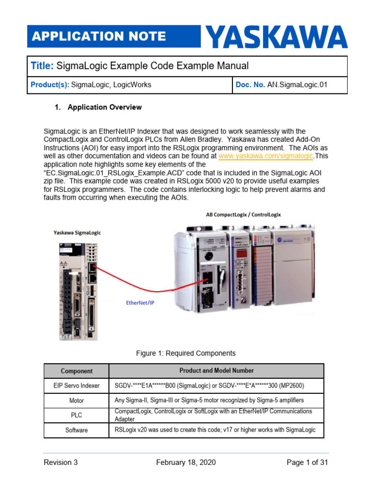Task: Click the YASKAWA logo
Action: (x=277, y=37)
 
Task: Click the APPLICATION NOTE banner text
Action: (x=98, y=36)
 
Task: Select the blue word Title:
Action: (x=43, y=66)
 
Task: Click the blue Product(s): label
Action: (x=49, y=85)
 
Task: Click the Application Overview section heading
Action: (x=104, y=107)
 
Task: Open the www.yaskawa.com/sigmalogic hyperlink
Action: (x=266, y=156)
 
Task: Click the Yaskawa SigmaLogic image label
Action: (x=77, y=233)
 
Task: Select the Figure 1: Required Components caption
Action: (x=186, y=354)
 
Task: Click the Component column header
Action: (x=77, y=371)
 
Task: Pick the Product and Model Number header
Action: (x=217, y=371)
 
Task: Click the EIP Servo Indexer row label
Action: (x=77, y=386)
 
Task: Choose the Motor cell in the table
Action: (x=77, y=401)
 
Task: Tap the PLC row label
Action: (x=77, y=415)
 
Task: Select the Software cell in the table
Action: (x=77, y=430)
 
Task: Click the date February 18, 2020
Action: (x=186, y=463)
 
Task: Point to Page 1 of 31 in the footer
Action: (x=307, y=463)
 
